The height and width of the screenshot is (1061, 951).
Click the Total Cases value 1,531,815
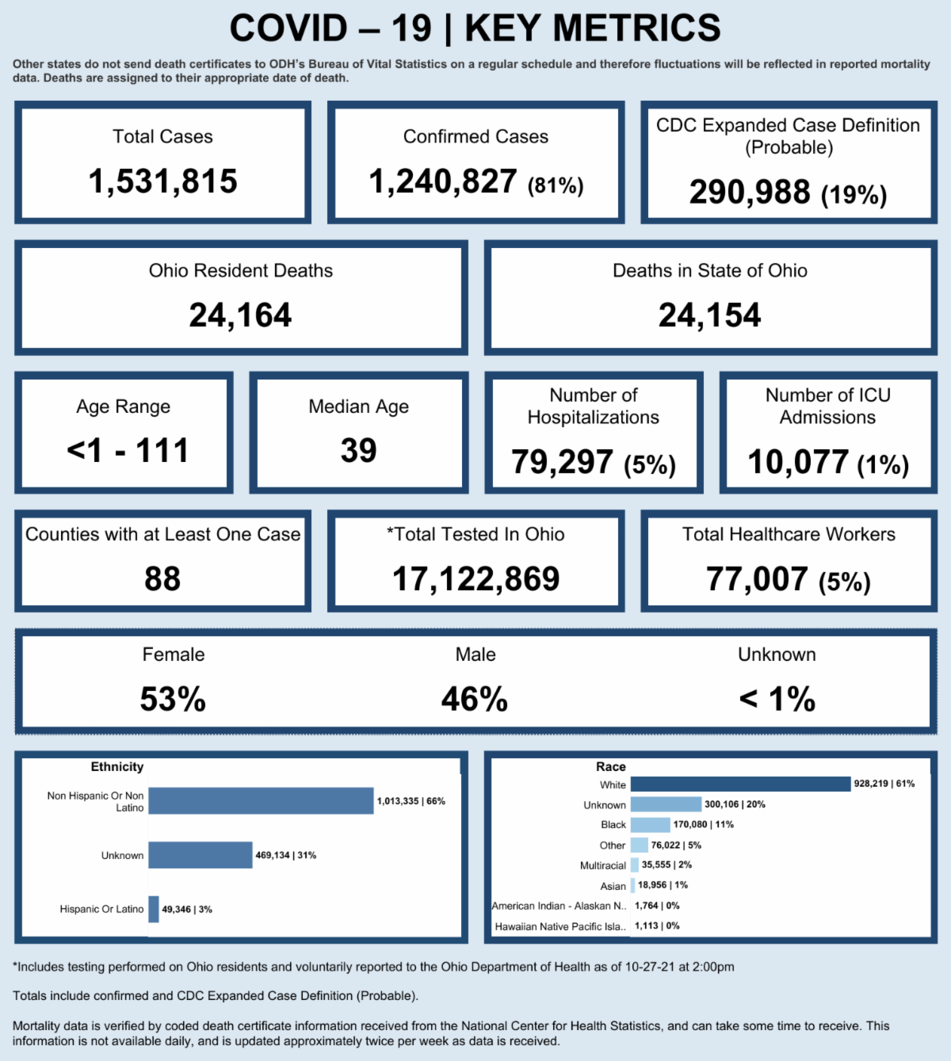162,181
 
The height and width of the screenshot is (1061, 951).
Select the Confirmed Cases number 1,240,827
443,181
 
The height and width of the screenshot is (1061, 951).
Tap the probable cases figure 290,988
750,192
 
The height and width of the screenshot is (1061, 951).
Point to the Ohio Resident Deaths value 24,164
240,315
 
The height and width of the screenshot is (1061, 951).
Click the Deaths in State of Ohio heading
710,271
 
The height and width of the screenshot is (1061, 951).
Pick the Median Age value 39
358,451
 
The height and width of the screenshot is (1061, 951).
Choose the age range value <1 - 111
128,451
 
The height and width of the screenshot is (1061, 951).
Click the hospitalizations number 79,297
562,462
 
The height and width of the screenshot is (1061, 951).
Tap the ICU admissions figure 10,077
798,462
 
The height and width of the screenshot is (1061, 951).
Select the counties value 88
162,579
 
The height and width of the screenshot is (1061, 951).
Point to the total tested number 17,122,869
475,579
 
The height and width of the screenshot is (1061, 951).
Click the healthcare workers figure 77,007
757,579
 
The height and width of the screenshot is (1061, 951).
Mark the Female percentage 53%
173,699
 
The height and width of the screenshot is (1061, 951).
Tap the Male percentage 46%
475,699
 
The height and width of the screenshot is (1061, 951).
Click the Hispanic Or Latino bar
154,909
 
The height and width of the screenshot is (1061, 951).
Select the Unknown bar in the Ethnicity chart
201,855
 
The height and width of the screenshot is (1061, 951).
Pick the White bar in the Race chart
740,784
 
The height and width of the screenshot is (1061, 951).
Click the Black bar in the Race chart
650,825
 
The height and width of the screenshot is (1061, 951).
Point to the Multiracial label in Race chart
603,865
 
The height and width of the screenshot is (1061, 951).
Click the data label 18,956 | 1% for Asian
663,885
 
